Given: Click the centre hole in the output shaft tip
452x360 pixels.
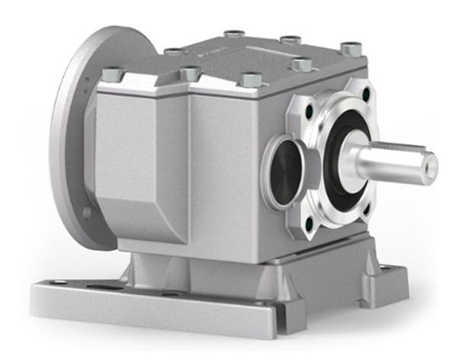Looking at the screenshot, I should (x=431, y=162).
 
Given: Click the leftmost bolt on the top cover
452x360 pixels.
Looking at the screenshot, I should (x=111, y=74).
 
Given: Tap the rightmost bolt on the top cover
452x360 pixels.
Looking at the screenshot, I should (x=350, y=49).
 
